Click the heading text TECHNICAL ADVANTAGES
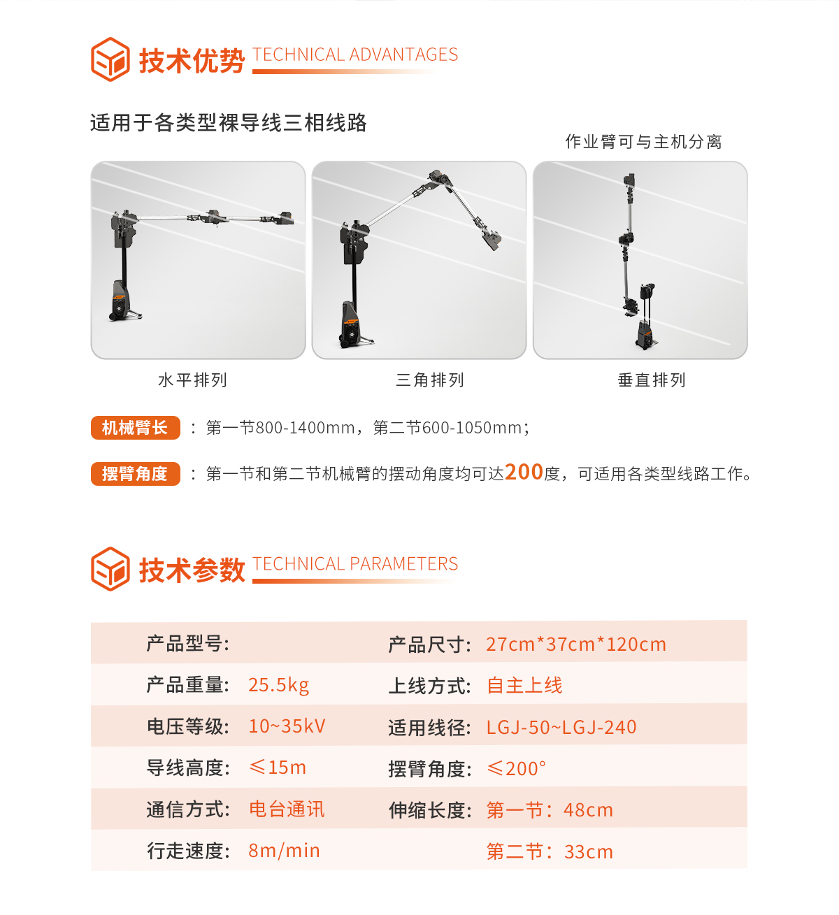pyautogui.click(x=355, y=55)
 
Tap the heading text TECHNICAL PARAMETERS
pyautogui.click(x=355, y=564)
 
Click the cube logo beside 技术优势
pyautogui.click(x=110, y=59)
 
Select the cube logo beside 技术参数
pyautogui.click(x=110, y=569)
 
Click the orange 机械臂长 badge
pyautogui.click(x=135, y=428)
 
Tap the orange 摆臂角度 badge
pyautogui.click(x=135, y=474)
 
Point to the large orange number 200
pyautogui.click(x=524, y=473)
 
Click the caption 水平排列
pyautogui.click(x=193, y=380)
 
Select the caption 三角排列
pyautogui.click(x=430, y=380)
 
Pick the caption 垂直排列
pyautogui.click(x=652, y=380)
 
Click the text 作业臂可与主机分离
pyautogui.click(x=643, y=142)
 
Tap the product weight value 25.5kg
pyautogui.click(x=278, y=685)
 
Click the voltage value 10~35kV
pyautogui.click(x=287, y=726)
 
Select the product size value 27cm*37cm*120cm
pyautogui.click(x=576, y=644)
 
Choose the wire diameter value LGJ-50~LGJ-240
pyautogui.click(x=561, y=728)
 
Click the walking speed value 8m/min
pyautogui.click(x=284, y=851)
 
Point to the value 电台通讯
pyautogui.click(x=287, y=809)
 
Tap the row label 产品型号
pyautogui.click(x=187, y=643)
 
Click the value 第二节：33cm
pyautogui.click(x=550, y=852)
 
